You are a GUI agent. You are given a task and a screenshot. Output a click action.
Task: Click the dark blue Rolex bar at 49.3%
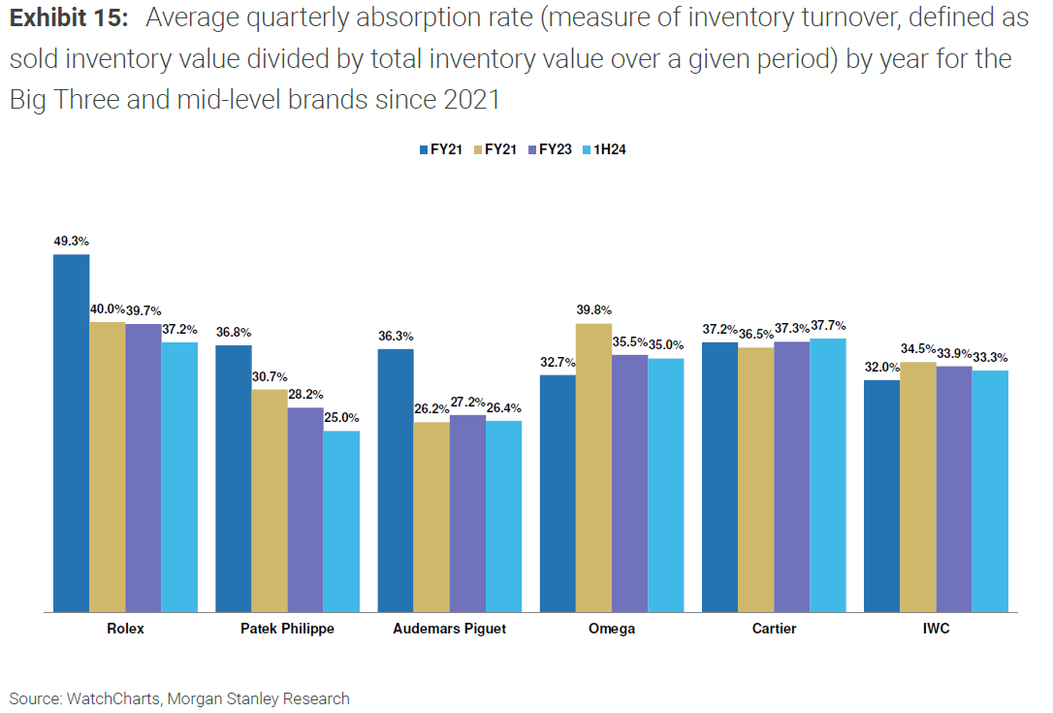[x=71, y=433]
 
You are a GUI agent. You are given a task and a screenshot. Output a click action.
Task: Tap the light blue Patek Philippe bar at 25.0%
[x=341, y=521]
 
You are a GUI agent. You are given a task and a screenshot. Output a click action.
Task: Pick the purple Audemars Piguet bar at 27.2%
[x=467, y=513]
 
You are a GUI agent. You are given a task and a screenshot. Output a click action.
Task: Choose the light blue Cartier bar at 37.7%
[x=828, y=475]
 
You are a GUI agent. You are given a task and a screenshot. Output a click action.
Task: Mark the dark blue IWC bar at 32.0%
[x=881, y=496]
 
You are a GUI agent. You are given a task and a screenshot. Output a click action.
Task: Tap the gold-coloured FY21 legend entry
[x=494, y=149]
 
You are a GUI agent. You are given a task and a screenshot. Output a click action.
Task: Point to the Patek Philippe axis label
[x=287, y=629]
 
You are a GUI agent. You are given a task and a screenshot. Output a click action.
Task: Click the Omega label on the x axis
[x=612, y=629]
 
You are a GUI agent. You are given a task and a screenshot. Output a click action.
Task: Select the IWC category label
[x=936, y=629]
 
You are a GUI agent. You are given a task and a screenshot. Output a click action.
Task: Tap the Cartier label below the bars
[x=774, y=629]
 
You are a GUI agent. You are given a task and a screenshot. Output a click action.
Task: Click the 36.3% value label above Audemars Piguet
[x=395, y=336]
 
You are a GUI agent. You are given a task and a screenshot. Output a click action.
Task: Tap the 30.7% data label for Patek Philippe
[x=269, y=376]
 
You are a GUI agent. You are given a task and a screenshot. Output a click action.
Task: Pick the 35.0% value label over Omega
[x=665, y=344]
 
